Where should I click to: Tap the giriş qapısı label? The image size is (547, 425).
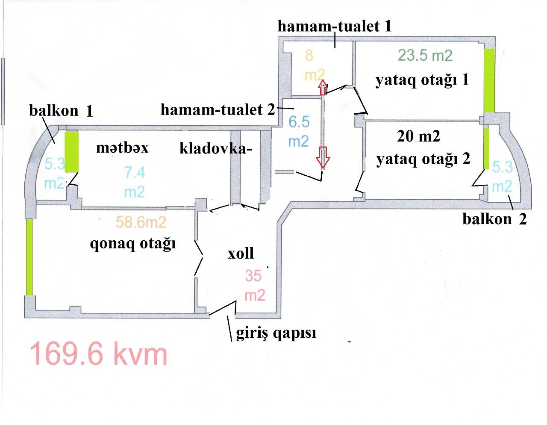click(276, 334)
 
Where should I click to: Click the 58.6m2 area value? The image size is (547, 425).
click(141, 222)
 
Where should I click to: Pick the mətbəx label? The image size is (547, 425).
click(122, 148)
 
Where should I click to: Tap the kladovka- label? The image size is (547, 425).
click(215, 148)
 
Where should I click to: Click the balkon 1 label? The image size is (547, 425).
click(61, 111)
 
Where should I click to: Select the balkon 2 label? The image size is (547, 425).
click(494, 219)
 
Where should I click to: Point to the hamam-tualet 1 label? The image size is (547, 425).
click(334, 26)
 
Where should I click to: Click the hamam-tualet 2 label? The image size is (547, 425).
click(218, 110)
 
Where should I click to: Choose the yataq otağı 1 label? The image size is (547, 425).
click(422, 80)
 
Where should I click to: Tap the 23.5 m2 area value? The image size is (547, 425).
click(425, 56)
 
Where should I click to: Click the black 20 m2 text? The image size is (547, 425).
click(418, 136)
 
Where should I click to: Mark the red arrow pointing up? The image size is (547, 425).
click(323, 87)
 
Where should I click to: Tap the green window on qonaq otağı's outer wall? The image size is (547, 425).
click(30, 257)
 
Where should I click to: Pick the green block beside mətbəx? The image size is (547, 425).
click(72, 152)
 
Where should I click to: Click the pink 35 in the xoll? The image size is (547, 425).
click(253, 275)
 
